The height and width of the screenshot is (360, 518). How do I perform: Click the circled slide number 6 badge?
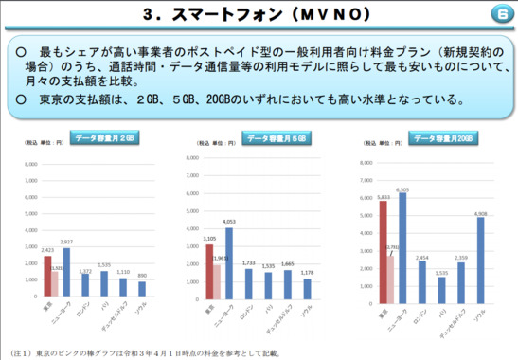click(x=501, y=15)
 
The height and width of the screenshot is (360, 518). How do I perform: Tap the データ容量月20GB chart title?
click(x=444, y=138)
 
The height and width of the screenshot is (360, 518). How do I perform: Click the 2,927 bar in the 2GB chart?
click(x=66, y=272)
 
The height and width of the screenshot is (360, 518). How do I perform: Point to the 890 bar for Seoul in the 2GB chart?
click(x=142, y=288)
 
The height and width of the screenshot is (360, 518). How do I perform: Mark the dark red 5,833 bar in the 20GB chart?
click(x=383, y=247)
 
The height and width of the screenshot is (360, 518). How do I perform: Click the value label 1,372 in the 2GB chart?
click(x=85, y=272)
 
